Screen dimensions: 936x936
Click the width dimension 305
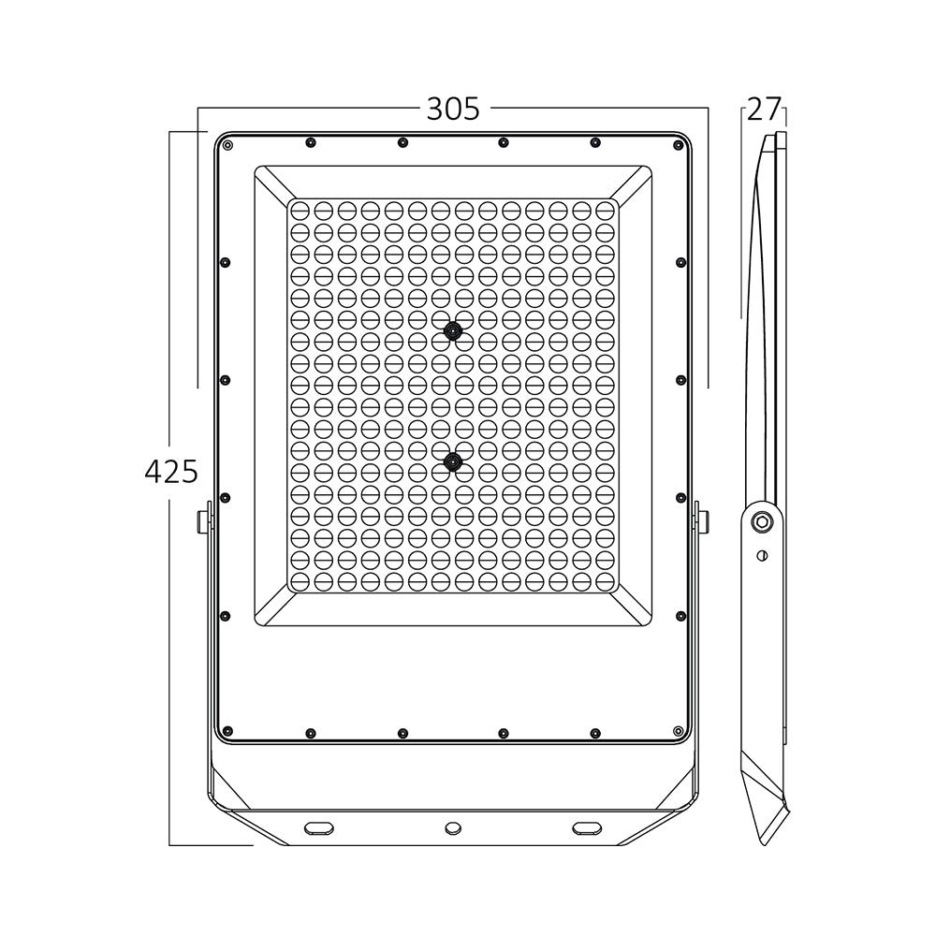[x=453, y=110]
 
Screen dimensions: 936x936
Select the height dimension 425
[x=171, y=471]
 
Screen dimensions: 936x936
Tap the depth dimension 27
[x=764, y=110]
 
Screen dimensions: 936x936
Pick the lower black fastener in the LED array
[x=454, y=461]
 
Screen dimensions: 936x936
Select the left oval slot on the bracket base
[x=318, y=826]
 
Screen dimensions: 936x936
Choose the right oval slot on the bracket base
[x=588, y=826]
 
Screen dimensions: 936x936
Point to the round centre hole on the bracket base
[x=453, y=827]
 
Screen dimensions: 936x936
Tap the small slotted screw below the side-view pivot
[x=762, y=555]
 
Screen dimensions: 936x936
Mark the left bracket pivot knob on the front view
[x=203, y=521]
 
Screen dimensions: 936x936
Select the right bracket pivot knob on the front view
[x=702, y=521]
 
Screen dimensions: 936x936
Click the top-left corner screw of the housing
[x=227, y=145]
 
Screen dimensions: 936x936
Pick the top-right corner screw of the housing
[x=680, y=145]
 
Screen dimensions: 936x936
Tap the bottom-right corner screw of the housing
[x=679, y=730]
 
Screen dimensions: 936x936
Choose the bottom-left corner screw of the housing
[x=227, y=730]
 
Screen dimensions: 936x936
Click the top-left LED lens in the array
[x=300, y=208]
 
